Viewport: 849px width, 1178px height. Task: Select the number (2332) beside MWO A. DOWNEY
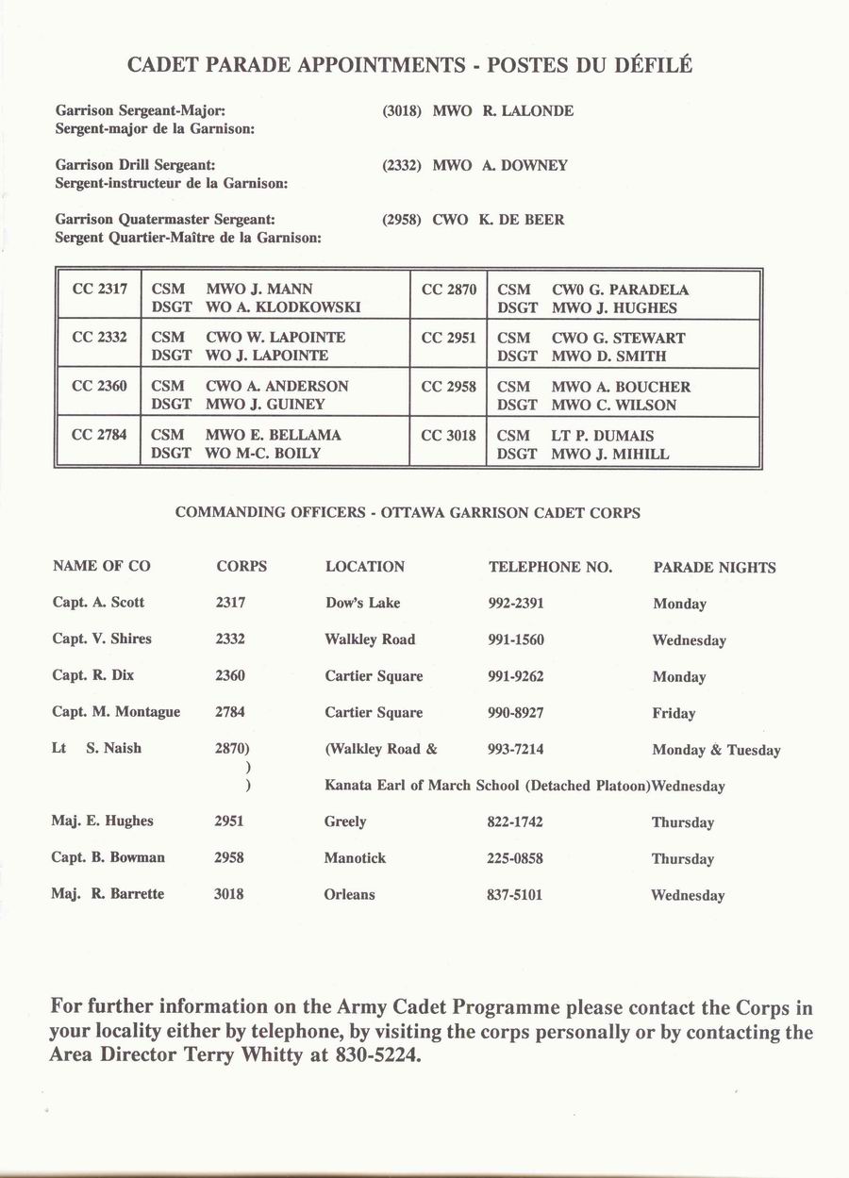401,166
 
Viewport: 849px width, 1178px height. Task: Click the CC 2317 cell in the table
99,290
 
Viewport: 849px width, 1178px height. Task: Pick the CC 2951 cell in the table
448,338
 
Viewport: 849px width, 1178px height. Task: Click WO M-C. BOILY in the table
263,454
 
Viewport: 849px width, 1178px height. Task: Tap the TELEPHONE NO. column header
550,567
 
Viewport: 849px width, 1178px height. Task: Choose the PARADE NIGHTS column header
714,568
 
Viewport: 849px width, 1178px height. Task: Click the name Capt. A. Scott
98,603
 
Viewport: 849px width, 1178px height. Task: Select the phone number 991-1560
515,639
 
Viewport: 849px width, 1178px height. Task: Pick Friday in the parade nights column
674,714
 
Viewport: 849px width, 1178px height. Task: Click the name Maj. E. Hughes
102,821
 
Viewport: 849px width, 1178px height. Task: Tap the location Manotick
355,858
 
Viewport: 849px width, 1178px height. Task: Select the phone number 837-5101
514,894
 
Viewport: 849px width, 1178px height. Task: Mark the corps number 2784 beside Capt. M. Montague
230,712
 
